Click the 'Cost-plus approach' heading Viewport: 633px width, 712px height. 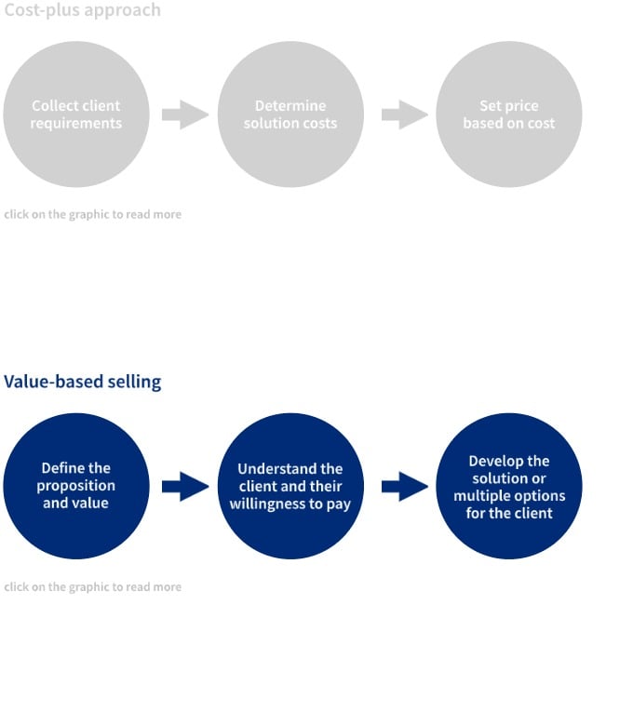[82, 10]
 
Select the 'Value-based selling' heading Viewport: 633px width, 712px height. [82, 382]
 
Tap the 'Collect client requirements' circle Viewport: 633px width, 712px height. [76, 114]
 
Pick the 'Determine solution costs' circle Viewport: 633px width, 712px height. [290, 114]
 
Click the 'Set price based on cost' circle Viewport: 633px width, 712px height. [508, 114]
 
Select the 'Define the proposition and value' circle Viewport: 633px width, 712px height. [76, 486]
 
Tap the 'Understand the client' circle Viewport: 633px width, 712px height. [290, 486]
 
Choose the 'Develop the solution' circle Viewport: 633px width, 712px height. [508, 486]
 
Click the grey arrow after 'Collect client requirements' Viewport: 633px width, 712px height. [184, 114]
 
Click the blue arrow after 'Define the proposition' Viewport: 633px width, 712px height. [184, 486]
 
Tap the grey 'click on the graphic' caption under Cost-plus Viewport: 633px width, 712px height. [92, 214]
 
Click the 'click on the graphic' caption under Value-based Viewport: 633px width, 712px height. [92, 587]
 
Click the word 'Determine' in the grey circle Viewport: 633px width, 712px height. [290, 106]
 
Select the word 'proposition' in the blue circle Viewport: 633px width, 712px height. [76, 486]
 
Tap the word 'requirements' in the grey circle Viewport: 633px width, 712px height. [76, 124]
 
